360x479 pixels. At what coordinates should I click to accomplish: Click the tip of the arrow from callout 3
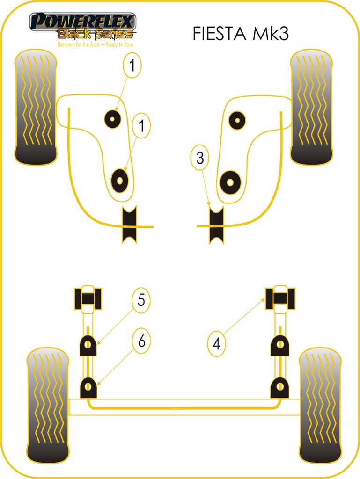tap(210, 205)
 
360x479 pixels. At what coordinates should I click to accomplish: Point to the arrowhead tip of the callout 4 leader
tap(265, 298)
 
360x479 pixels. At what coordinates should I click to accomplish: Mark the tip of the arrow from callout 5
tap(97, 345)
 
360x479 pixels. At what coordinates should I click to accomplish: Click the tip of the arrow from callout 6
tap(97, 385)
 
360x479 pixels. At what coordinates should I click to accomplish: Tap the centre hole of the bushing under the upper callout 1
tap(112, 118)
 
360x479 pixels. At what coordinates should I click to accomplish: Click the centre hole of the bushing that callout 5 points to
tap(88, 345)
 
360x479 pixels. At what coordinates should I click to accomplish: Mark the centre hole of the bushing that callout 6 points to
tap(88, 387)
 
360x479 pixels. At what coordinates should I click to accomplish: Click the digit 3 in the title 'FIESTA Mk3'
tap(282, 33)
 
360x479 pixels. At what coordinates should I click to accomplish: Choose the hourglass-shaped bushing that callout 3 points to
tap(216, 225)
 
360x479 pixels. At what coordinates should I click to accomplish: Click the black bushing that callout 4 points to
tap(280, 298)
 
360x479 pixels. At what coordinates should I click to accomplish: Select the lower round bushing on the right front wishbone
tap(230, 183)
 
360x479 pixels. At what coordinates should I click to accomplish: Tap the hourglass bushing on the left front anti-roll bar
tap(129, 225)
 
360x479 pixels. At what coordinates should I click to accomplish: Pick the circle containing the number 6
tap(141, 341)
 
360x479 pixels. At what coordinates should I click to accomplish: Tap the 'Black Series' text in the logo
tap(96, 34)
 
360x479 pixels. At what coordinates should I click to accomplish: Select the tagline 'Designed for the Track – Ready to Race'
tap(96, 44)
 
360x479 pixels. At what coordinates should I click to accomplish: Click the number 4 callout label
tap(217, 344)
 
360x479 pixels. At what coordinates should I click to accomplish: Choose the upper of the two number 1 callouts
tap(132, 65)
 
